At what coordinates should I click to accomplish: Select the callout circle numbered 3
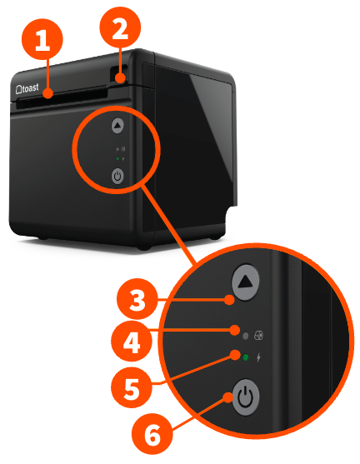point(134,299)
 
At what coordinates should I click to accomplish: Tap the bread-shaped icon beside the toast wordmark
point(19,86)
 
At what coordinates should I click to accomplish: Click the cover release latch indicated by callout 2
point(122,79)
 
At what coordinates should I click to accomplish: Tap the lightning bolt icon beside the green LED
point(258,357)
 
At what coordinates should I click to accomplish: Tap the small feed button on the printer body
point(117,126)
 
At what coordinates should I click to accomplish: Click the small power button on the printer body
point(117,176)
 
